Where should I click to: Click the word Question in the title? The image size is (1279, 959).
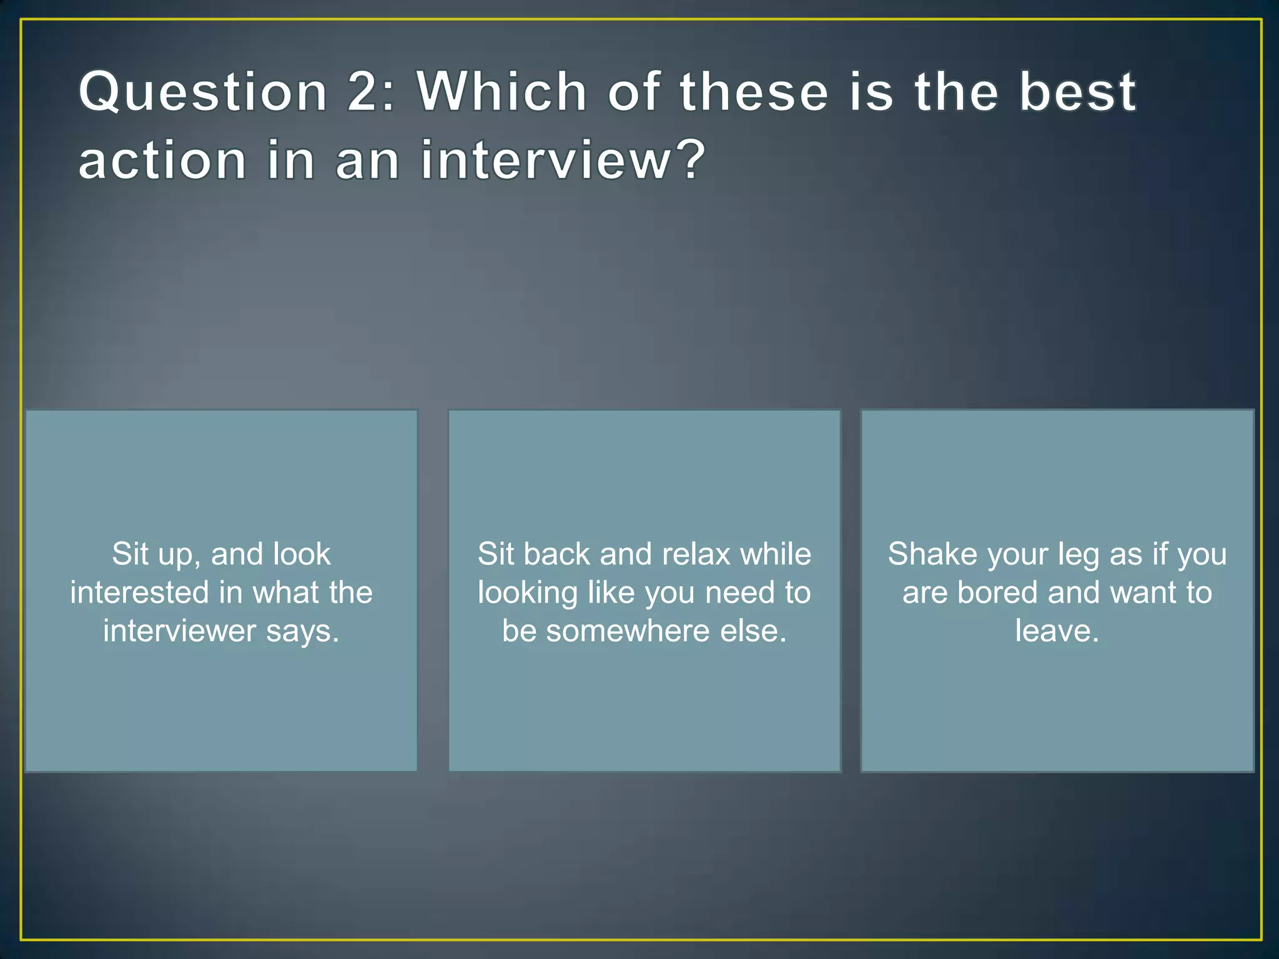click(x=203, y=92)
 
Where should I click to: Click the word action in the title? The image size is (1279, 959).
click(x=162, y=161)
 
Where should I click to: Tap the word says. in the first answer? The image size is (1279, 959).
click(x=303, y=631)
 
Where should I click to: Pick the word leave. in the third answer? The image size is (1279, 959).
click(x=1057, y=631)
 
